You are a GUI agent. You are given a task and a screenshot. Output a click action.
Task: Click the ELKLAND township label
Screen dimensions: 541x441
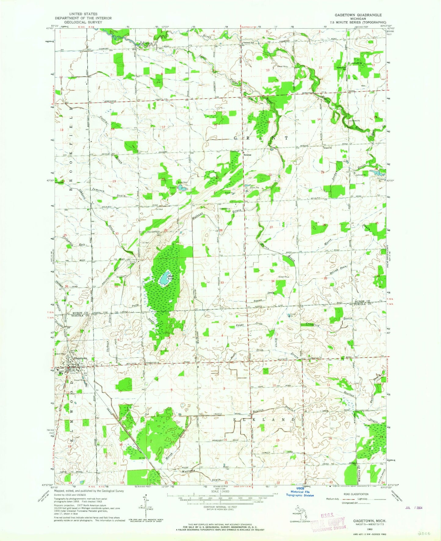pos(264,420)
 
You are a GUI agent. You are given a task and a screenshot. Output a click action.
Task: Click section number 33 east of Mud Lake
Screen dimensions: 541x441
pos(222,282)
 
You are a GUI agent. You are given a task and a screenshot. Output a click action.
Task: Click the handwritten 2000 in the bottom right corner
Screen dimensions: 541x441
pos(423,534)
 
